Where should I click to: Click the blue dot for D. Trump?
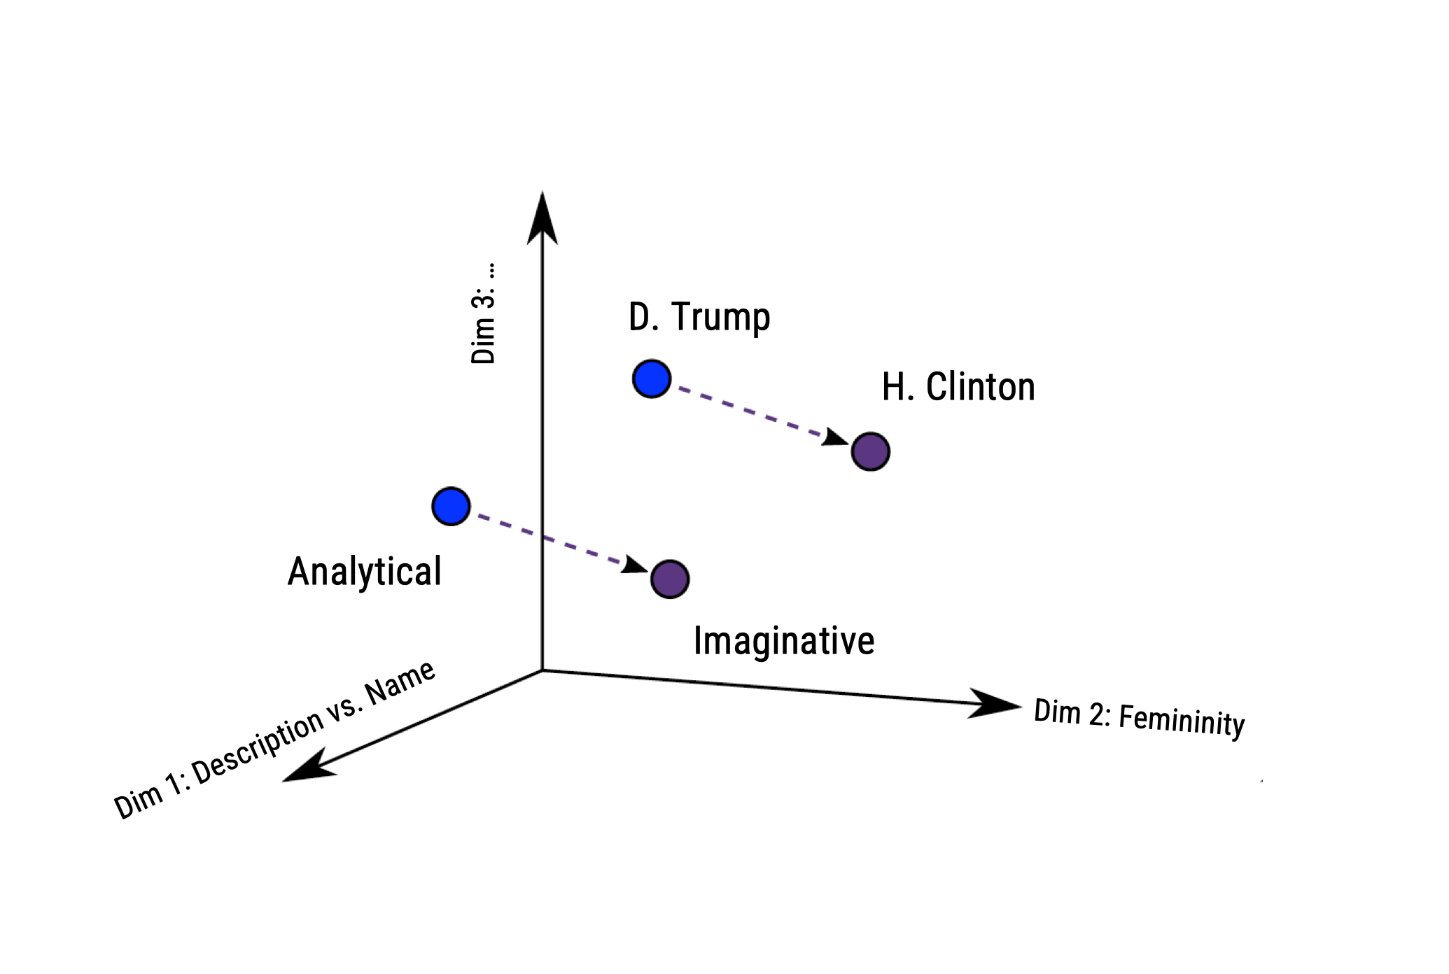(x=652, y=379)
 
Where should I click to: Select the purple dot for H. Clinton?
(x=870, y=451)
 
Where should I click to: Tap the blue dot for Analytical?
(x=451, y=506)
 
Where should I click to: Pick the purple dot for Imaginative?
(x=670, y=579)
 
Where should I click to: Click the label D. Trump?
(x=699, y=317)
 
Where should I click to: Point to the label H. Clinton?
(x=958, y=387)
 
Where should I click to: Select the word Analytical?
(x=365, y=572)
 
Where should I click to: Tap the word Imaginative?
(x=784, y=641)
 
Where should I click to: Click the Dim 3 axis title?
(x=483, y=313)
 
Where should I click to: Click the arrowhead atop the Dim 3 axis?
(x=542, y=217)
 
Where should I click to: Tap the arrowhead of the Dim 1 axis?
(x=308, y=768)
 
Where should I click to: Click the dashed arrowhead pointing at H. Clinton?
(x=834, y=439)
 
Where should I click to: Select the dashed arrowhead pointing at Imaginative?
(x=634, y=565)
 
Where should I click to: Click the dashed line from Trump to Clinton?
(x=749, y=411)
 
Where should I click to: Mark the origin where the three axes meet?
(x=542, y=670)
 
